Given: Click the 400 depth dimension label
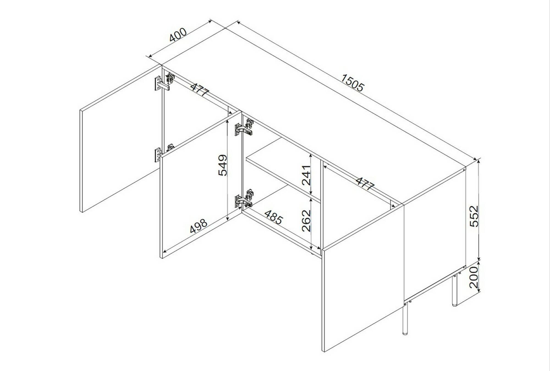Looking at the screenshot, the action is tap(178, 35).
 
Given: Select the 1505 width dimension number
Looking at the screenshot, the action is tap(353, 83).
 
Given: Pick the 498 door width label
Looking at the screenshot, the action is tap(199, 226).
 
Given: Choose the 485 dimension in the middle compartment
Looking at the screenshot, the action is tap(274, 217).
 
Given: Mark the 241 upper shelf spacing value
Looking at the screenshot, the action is tap(306, 175).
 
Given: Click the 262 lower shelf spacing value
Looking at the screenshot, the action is tap(306, 221).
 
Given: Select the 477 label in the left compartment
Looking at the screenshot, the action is tap(200, 89).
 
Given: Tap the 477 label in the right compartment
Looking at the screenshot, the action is tap(365, 183).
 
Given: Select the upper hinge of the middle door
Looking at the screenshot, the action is tap(244, 127).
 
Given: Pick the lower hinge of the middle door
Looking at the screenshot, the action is tap(244, 198).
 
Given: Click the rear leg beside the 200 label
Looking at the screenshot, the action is tap(455, 291).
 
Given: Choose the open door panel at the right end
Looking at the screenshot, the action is tap(363, 278).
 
